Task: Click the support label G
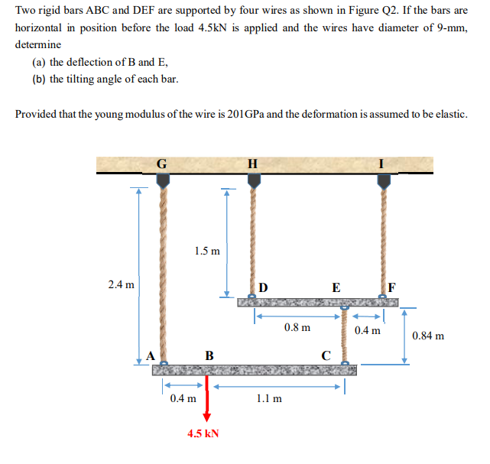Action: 161,164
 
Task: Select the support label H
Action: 253,164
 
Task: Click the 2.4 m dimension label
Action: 121,285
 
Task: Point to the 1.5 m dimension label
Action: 206,250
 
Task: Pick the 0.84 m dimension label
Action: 428,336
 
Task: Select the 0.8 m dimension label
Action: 297,328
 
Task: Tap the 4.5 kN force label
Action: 203,433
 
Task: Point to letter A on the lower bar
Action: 151,355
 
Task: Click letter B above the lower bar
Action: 209,355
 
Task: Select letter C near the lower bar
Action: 326,355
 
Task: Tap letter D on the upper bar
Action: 263,288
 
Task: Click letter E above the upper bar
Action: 336,288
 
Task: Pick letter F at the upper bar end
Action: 392,288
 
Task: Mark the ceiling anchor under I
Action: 383,180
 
